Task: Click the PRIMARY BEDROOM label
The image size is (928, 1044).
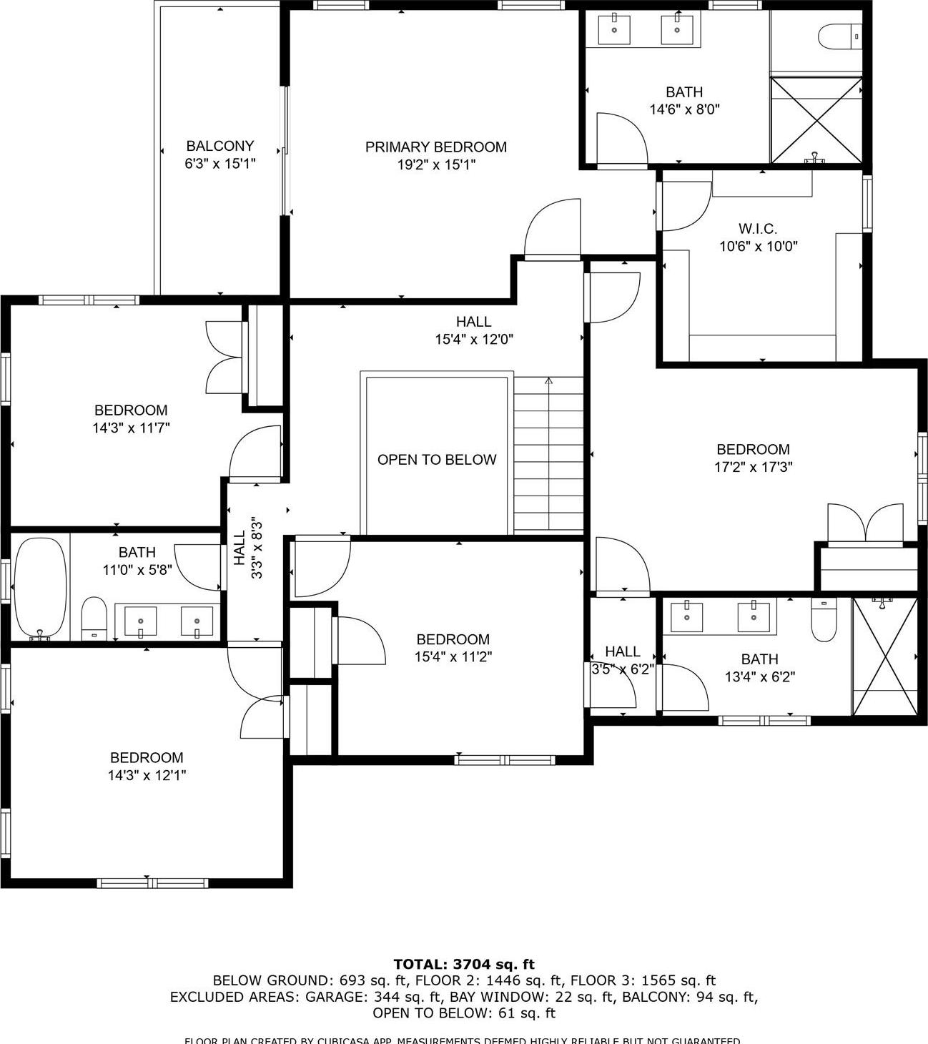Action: [x=435, y=147]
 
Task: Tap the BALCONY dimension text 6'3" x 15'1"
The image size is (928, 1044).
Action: [x=219, y=164]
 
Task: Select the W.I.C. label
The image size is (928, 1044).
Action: [x=757, y=229]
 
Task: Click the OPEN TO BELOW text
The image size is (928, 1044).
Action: [x=436, y=460]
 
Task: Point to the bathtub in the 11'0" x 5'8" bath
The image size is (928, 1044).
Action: [x=41, y=588]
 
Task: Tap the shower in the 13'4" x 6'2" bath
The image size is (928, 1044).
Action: [x=884, y=655]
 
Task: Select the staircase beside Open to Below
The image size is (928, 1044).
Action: [x=548, y=455]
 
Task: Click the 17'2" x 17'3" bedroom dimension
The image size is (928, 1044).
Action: [x=753, y=468]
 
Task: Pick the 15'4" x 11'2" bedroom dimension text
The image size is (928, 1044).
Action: [x=453, y=657]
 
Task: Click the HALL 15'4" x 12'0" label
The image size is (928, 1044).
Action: [x=473, y=330]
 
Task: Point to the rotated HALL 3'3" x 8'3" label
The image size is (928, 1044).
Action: [x=247, y=548]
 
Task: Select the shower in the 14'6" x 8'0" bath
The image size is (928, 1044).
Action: [x=816, y=120]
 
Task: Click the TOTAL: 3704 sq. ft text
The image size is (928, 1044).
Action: [x=463, y=965]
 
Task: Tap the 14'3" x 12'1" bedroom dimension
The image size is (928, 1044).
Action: [x=147, y=775]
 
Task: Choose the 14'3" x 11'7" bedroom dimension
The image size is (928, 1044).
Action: [x=131, y=428]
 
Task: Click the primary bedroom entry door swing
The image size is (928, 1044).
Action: [x=552, y=229]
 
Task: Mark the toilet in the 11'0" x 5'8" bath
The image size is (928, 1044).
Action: [x=94, y=619]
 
